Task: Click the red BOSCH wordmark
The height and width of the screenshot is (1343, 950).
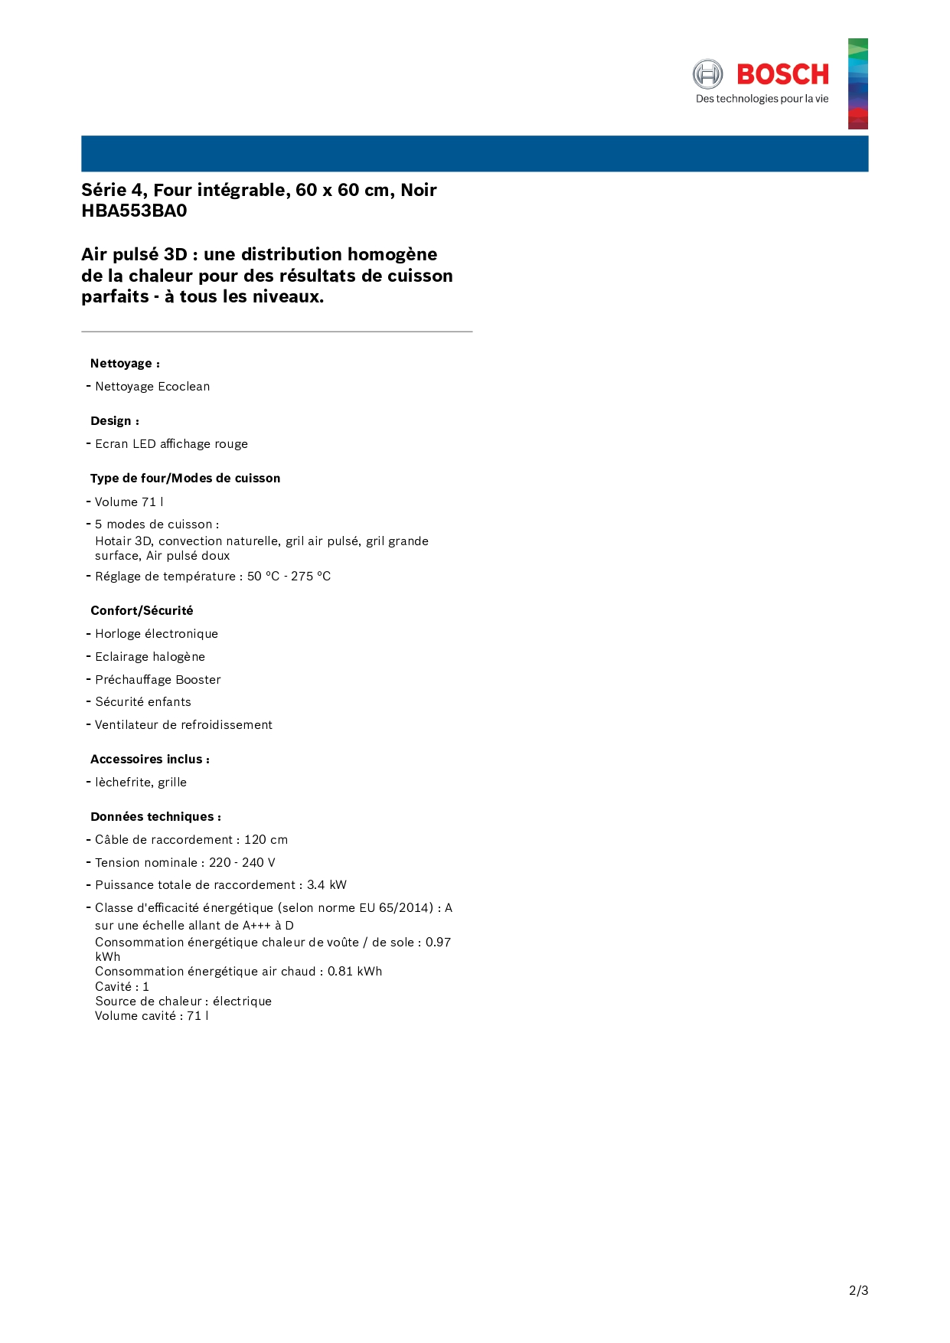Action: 782,74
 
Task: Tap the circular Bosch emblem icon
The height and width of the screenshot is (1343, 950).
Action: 707,74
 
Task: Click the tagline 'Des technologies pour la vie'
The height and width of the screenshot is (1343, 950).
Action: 762,99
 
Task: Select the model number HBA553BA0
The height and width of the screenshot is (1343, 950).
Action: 134,211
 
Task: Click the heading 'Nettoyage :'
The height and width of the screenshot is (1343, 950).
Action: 125,364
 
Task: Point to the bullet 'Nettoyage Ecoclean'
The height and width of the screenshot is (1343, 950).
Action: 152,387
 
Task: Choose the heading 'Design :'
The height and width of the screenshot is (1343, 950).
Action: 115,421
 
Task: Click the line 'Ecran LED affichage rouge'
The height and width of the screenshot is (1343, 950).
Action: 171,444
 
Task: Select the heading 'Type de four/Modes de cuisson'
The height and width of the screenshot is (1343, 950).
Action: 185,479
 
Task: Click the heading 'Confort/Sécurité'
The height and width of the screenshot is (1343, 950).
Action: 142,611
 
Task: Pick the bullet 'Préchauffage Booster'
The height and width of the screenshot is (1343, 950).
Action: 158,680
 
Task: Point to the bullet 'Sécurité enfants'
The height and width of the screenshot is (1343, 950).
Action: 143,702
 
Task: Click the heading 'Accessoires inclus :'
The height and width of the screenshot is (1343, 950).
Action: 150,760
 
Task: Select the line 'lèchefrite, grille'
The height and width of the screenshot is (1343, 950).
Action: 141,783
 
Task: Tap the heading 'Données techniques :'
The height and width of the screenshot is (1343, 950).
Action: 156,817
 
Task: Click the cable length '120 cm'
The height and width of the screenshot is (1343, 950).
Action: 266,840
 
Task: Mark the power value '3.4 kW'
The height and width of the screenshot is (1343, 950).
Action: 327,885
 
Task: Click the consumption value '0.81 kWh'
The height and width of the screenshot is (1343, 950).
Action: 354,972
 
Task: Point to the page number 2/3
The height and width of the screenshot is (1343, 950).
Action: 858,1291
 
